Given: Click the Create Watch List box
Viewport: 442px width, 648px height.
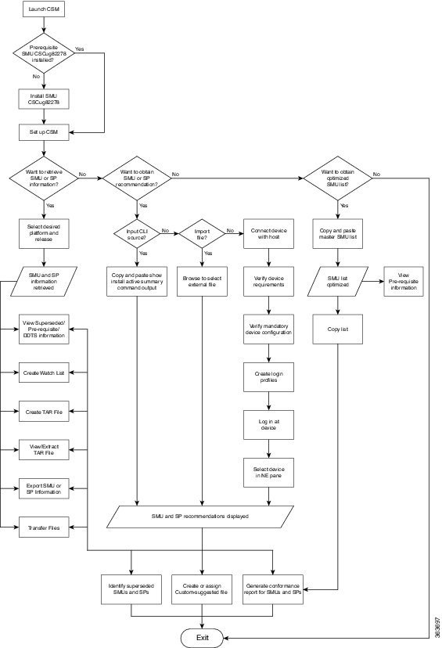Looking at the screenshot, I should [44, 373].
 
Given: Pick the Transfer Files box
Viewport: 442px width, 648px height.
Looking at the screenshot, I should [44, 528].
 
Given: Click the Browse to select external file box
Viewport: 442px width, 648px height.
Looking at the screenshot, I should [203, 281].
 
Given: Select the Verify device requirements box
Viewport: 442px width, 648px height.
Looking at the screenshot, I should [269, 281].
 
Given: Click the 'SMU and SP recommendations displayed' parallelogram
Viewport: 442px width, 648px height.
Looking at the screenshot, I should [203, 516].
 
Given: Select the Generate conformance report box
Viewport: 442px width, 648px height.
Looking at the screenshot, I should [273, 589].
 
